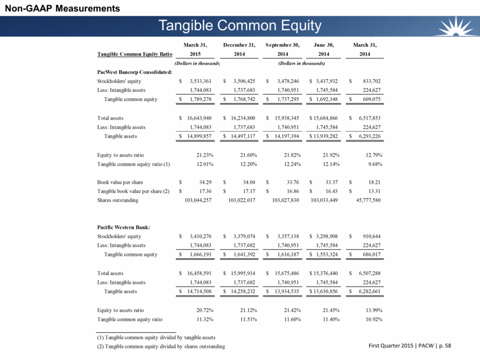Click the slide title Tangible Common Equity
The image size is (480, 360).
pos(240,25)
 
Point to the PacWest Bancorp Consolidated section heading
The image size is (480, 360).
pos(134,72)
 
